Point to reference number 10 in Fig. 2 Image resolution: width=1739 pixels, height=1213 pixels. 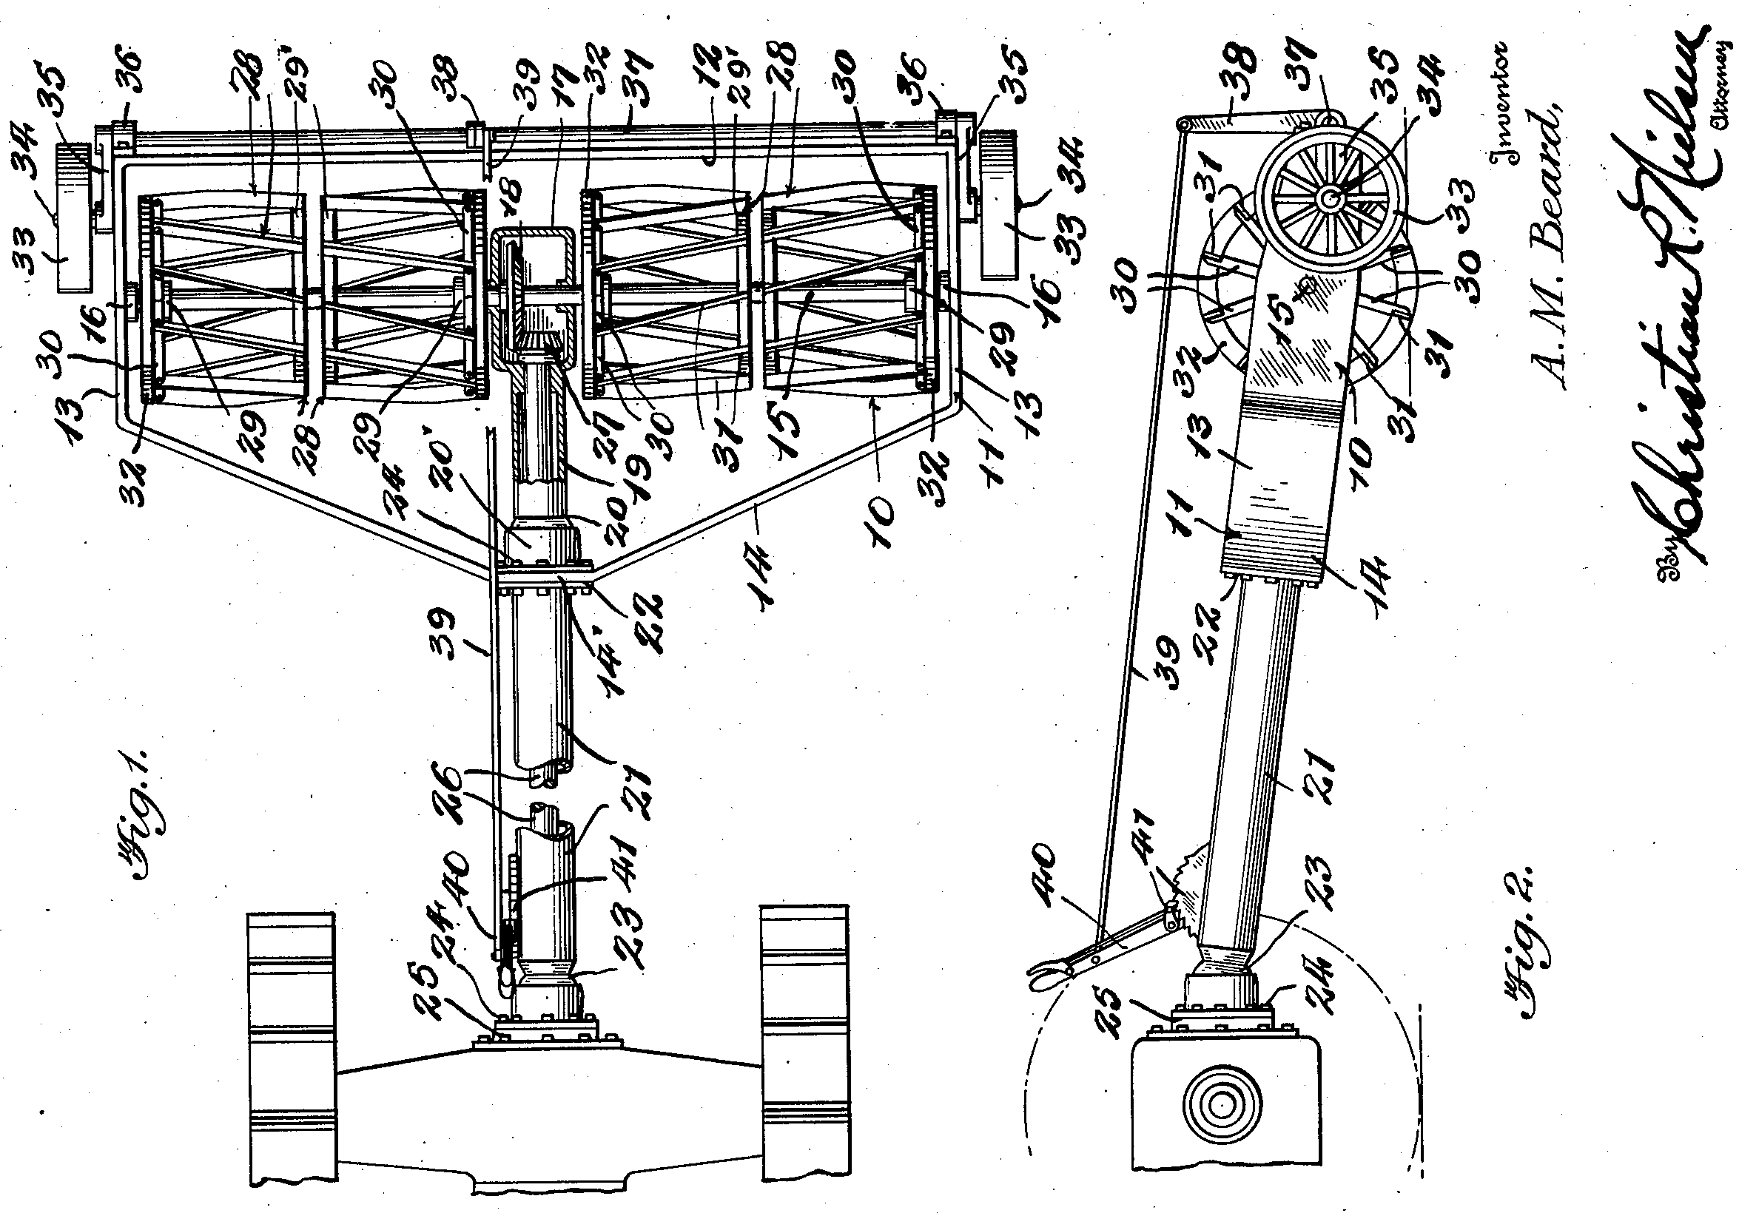point(1370,454)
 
